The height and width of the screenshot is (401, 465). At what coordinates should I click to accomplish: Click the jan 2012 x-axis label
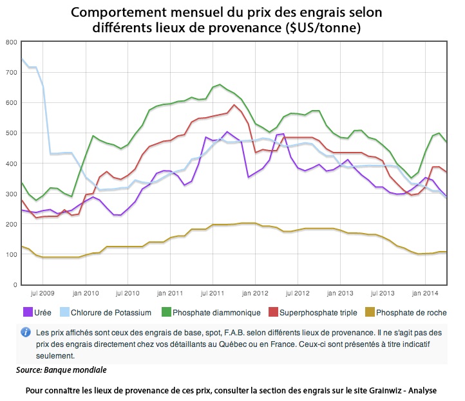pos(256,294)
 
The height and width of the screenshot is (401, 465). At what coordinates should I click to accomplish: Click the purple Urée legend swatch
pos(28,313)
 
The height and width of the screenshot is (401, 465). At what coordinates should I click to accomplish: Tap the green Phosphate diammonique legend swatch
pos(167,313)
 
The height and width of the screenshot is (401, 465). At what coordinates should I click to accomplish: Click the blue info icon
pos(26,332)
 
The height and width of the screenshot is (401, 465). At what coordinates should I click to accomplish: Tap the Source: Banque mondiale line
pos(61,370)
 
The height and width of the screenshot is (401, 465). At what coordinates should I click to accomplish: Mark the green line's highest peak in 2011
pos(220,84)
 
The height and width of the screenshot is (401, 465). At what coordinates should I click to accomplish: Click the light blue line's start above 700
pos(23,59)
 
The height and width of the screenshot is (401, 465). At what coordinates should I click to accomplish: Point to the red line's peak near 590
pos(234,105)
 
